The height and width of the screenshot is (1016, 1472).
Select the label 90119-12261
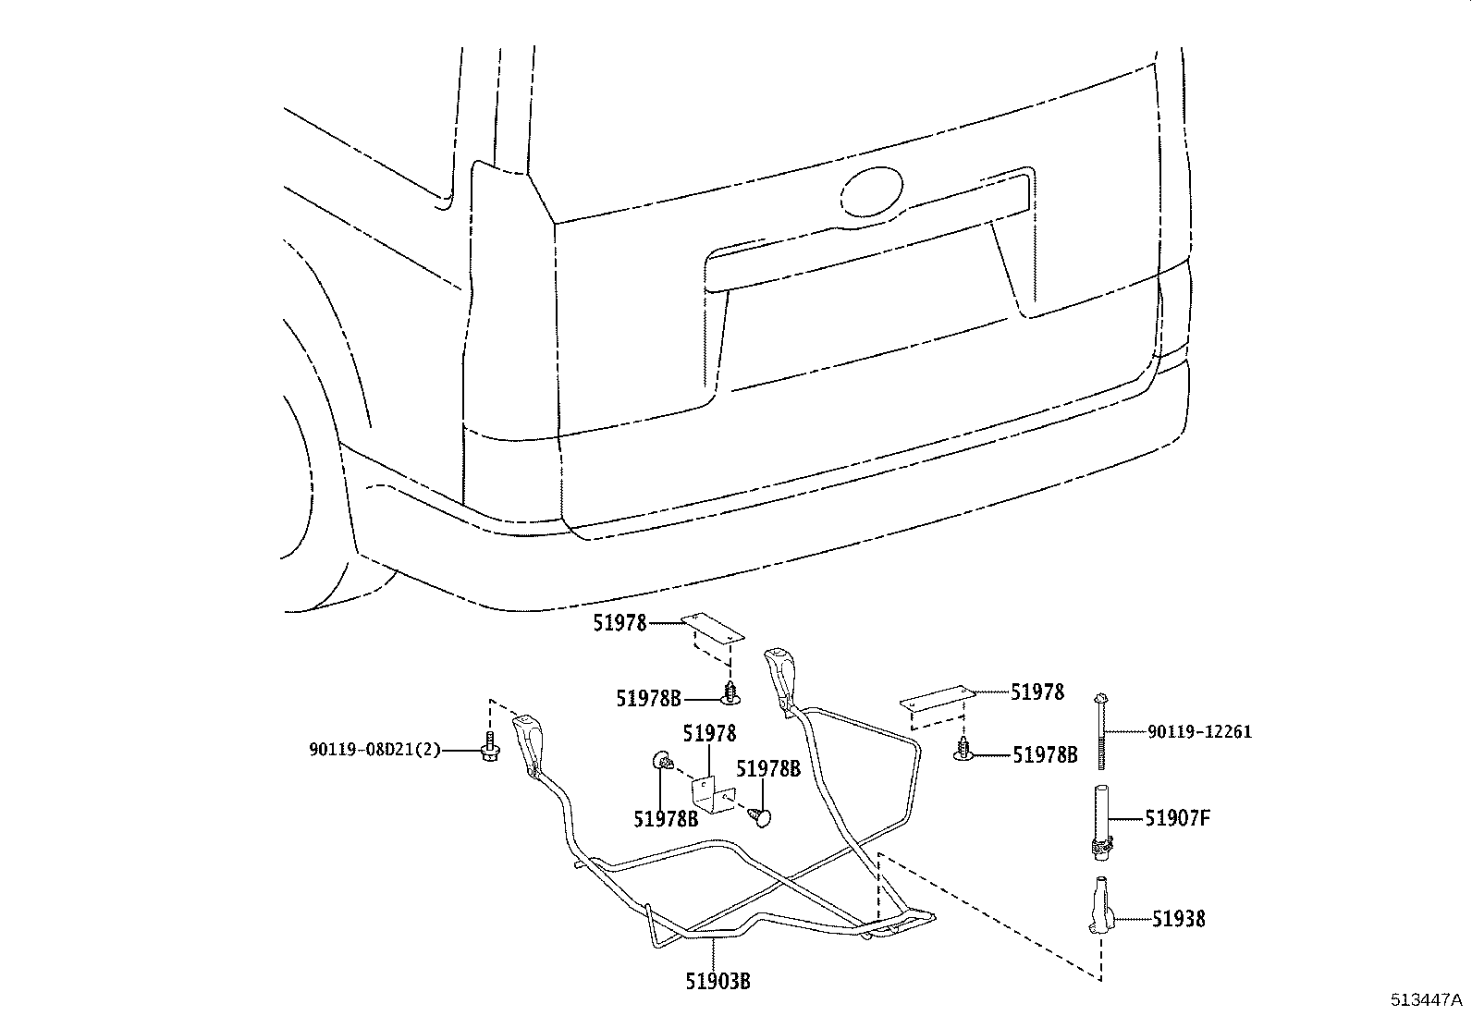[1199, 732]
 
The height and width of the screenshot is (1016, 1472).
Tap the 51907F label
[1177, 818]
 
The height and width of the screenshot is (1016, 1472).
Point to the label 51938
[1178, 919]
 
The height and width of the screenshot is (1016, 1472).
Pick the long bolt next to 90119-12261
[1101, 730]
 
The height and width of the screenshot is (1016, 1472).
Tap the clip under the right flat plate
[963, 751]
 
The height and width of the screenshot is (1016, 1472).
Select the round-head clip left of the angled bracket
[662, 761]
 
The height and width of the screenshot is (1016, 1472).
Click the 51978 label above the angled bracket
[710, 734]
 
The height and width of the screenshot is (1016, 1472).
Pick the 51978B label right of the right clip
[1045, 755]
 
